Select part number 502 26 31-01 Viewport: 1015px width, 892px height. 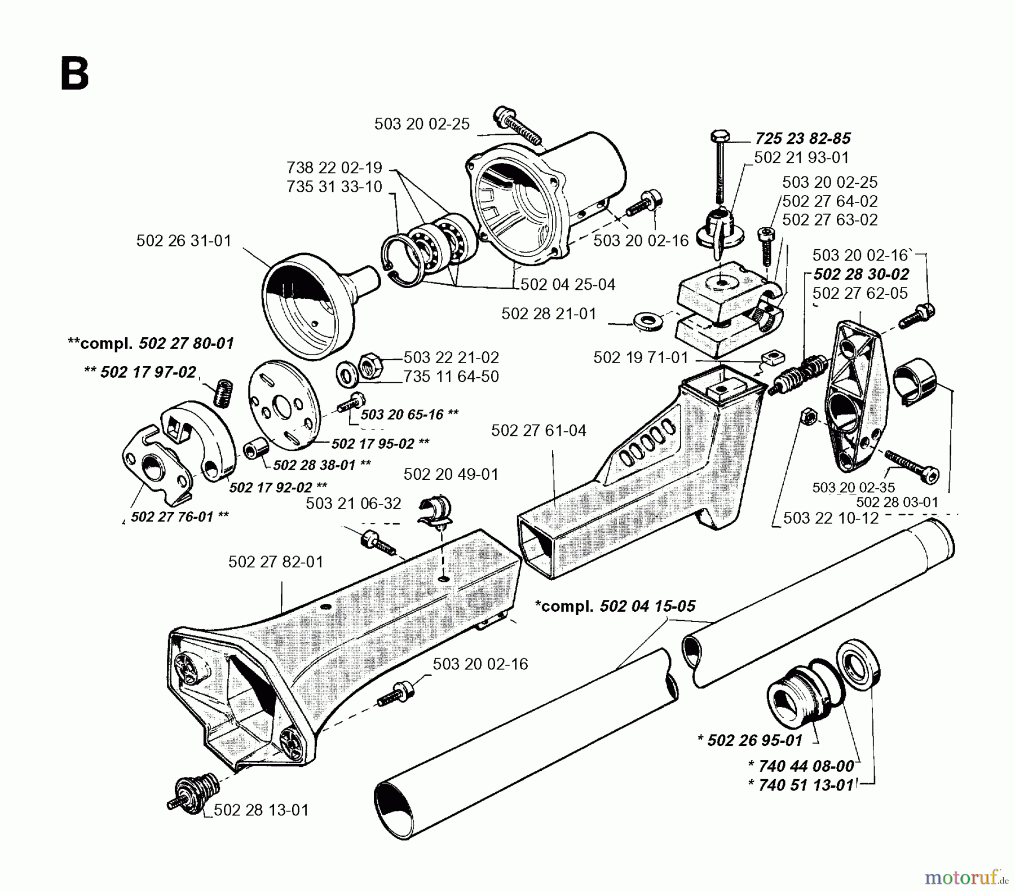point(184,241)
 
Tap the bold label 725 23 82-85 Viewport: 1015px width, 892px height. point(803,138)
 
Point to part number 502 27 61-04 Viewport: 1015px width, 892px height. point(539,430)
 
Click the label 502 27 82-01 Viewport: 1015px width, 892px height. point(276,562)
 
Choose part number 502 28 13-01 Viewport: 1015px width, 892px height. point(261,810)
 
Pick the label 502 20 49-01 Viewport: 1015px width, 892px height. point(451,474)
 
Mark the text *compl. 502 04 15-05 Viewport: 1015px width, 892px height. point(615,606)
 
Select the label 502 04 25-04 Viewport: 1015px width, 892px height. point(568,284)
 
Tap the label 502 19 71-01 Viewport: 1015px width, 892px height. point(641,357)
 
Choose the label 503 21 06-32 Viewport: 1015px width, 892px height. point(354,503)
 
